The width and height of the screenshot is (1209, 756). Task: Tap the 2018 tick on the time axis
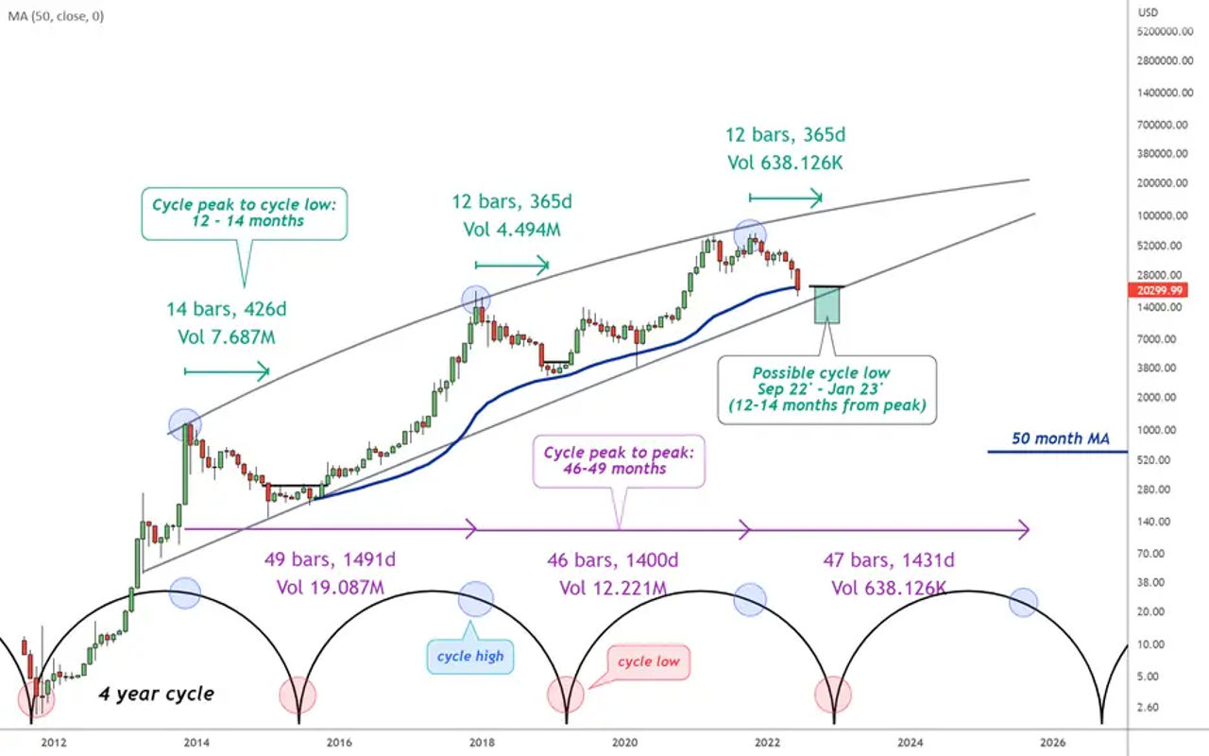(x=483, y=742)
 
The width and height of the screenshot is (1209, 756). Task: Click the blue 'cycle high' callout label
(x=470, y=656)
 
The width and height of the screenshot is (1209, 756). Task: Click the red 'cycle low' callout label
(x=648, y=661)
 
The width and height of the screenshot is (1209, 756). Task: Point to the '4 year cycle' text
(x=157, y=694)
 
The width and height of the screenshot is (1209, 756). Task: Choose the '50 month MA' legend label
(x=1060, y=438)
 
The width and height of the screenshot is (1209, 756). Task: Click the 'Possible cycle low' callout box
(x=827, y=388)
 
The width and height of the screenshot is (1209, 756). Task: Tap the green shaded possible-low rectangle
(x=827, y=304)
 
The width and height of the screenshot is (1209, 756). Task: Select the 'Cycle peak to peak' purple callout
(x=619, y=461)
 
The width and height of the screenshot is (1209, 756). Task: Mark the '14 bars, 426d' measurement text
(x=227, y=308)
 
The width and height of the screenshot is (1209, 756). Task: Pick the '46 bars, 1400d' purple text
(x=613, y=561)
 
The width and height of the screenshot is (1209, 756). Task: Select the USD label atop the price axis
(x=1149, y=12)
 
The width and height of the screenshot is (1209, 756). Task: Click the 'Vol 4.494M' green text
(x=511, y=230)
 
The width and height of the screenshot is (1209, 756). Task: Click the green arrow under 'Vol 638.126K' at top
(x=785, y=198)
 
